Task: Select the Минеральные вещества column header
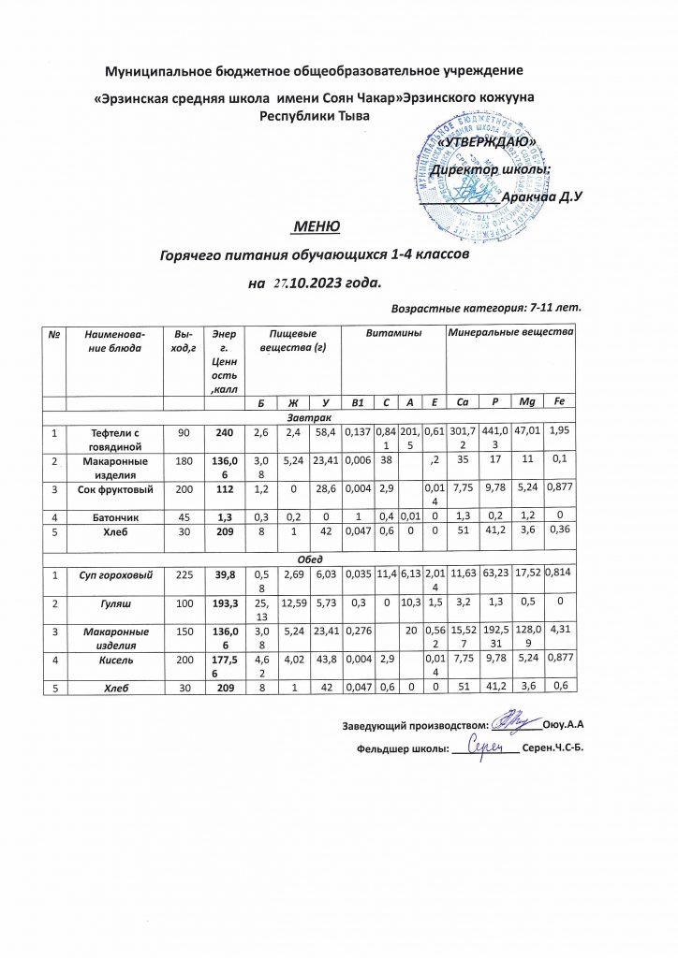(510, 333)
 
